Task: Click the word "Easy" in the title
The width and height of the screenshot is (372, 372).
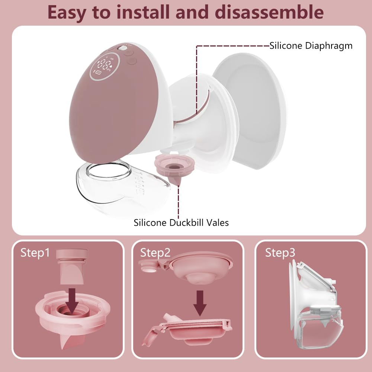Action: coord(69,12)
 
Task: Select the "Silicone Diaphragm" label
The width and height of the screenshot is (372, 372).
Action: coord(311,46)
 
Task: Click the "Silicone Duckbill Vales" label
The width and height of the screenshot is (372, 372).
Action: coord(181,223)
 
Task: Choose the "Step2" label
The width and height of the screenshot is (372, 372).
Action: coord(155,253)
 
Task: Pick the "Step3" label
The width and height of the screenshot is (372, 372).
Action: coord(280,253)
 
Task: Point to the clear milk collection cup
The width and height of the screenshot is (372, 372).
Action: coord(119,188)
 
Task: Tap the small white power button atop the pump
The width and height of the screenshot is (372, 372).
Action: coord(121,48)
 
